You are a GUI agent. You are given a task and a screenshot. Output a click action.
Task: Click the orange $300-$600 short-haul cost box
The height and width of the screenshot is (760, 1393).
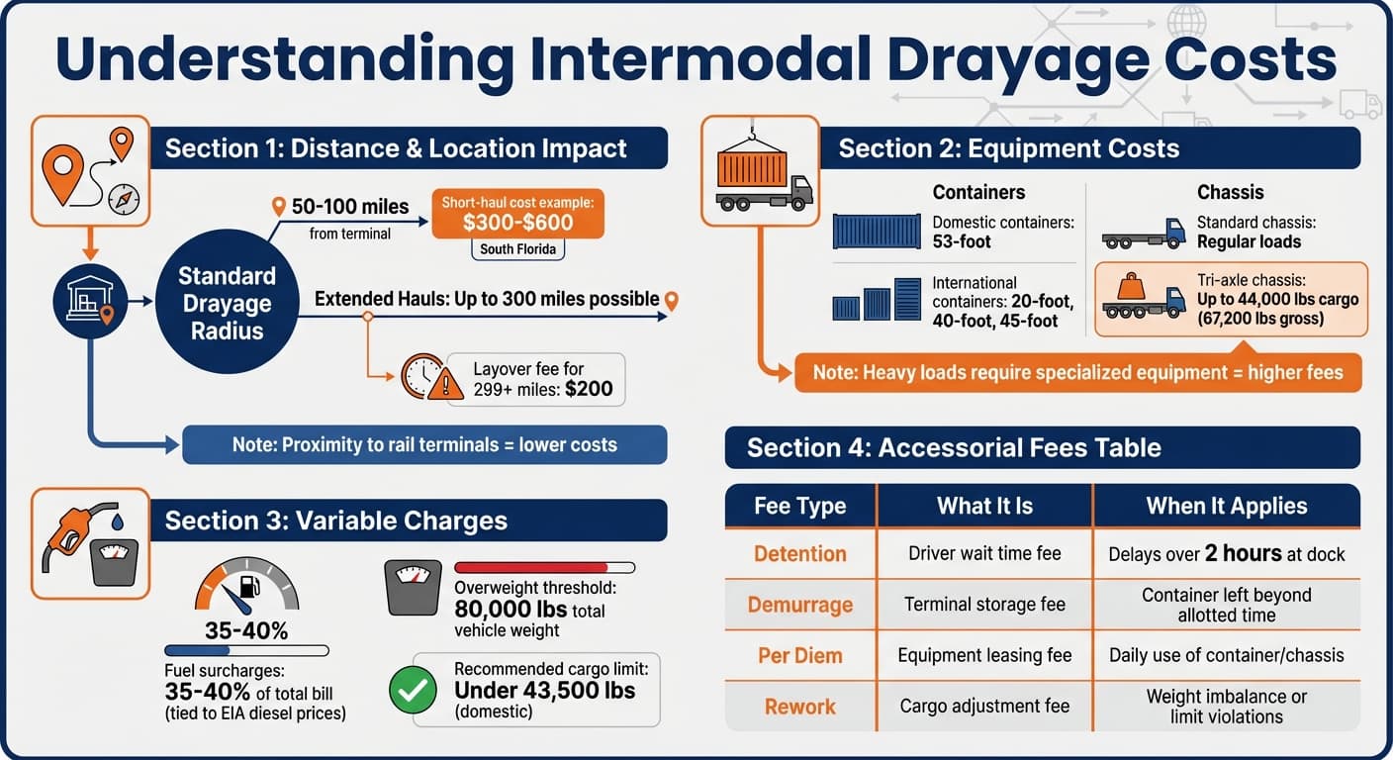pos(517,214)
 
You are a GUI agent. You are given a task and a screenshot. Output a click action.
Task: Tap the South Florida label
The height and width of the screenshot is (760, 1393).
pos(517,249)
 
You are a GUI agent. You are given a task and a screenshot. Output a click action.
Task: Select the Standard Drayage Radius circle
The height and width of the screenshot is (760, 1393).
pos(228,303)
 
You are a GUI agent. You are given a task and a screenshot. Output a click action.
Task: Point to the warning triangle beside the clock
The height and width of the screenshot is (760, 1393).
pos(445,383)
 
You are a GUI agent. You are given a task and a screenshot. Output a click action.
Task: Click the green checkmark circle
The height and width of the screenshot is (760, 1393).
pos(413,691)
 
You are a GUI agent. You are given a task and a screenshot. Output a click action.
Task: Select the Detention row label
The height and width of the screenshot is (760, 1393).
pos(799,554)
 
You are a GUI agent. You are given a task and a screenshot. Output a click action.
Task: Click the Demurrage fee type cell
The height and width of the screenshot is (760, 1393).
pos(799,605)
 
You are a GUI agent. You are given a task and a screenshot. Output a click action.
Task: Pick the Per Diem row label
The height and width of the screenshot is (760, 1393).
pos(799,655)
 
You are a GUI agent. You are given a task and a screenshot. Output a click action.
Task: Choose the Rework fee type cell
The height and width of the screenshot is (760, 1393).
pos(799,707)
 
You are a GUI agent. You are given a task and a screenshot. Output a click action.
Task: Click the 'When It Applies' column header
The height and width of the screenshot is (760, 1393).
pos(1226,506)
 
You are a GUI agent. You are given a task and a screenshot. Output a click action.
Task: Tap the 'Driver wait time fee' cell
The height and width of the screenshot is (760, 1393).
pos(984,554)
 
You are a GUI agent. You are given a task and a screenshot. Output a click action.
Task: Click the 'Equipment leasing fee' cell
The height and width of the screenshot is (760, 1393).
pos(984,655)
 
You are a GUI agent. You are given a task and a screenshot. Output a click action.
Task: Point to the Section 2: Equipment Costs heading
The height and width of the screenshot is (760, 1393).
pos(1008,148)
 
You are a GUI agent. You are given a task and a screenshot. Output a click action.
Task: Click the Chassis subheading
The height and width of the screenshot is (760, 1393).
pos(1230,192)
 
